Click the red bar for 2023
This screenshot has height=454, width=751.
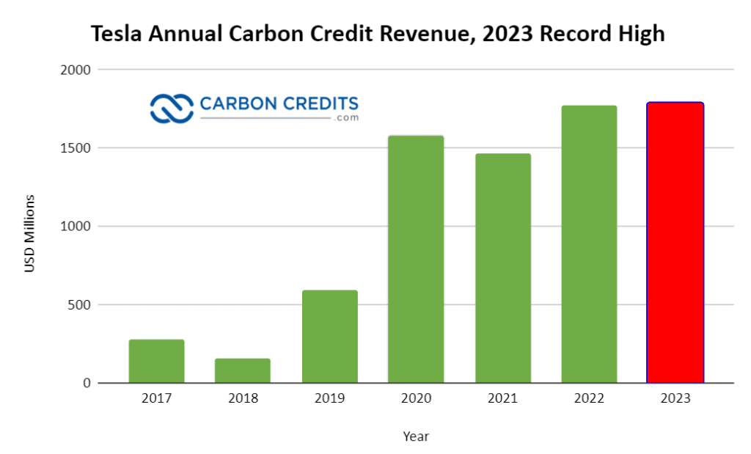pos(675,243)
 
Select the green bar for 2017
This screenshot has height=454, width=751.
pos(156,361)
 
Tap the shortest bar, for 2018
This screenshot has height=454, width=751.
pos(243,370)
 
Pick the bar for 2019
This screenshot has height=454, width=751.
pos(329,337)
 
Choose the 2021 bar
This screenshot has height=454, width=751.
pos(502,268)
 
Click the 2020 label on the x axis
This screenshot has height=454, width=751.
pos(416,399)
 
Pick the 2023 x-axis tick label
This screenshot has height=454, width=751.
pos(675,399)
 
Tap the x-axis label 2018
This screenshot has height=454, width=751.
pos(243,399)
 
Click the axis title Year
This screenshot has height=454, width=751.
pos(416,436)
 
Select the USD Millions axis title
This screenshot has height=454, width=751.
pos(30,233)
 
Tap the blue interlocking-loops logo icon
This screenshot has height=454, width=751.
pos(171,108)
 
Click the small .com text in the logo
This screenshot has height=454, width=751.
pos(347,118)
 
